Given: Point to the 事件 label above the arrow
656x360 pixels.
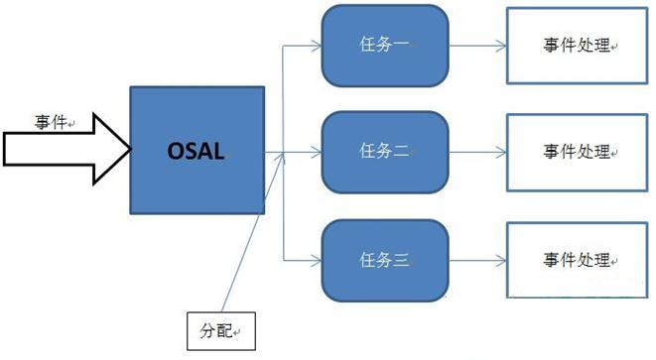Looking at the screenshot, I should (51, 122).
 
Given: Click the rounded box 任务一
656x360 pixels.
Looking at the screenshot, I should (384, 46).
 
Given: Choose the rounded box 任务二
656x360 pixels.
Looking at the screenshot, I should (384, 153).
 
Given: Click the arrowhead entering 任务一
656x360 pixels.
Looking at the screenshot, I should (315, 46).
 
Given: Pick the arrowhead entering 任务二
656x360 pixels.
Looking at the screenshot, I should (315, 153).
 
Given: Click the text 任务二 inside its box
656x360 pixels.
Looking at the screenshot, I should (383, 153).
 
